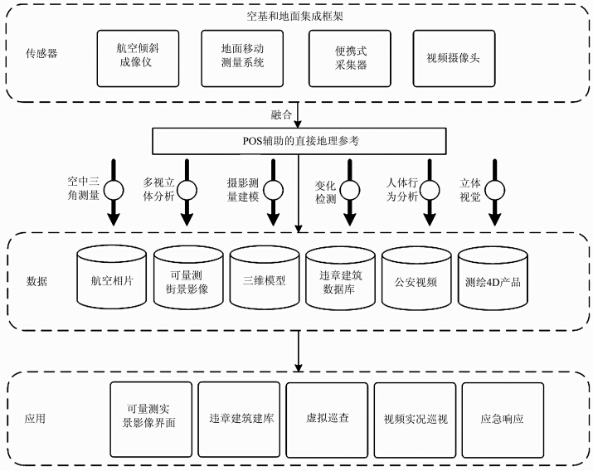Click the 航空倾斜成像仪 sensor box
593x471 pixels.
pyautogui.click(x=138, y=57)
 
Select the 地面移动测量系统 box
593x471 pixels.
pyautogui.click(x=243, y=57)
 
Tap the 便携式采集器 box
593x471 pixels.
pyautogui.click(x=349, y=57)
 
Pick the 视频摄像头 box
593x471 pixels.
pyautogui.click(x=454, y=57)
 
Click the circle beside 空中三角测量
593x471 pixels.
pyautogui.click(x=114, y=189)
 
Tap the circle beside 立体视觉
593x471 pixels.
pyautogui.click(x=495, y=189)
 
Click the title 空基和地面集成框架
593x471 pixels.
pyautogui.click(x=298, y=14)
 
